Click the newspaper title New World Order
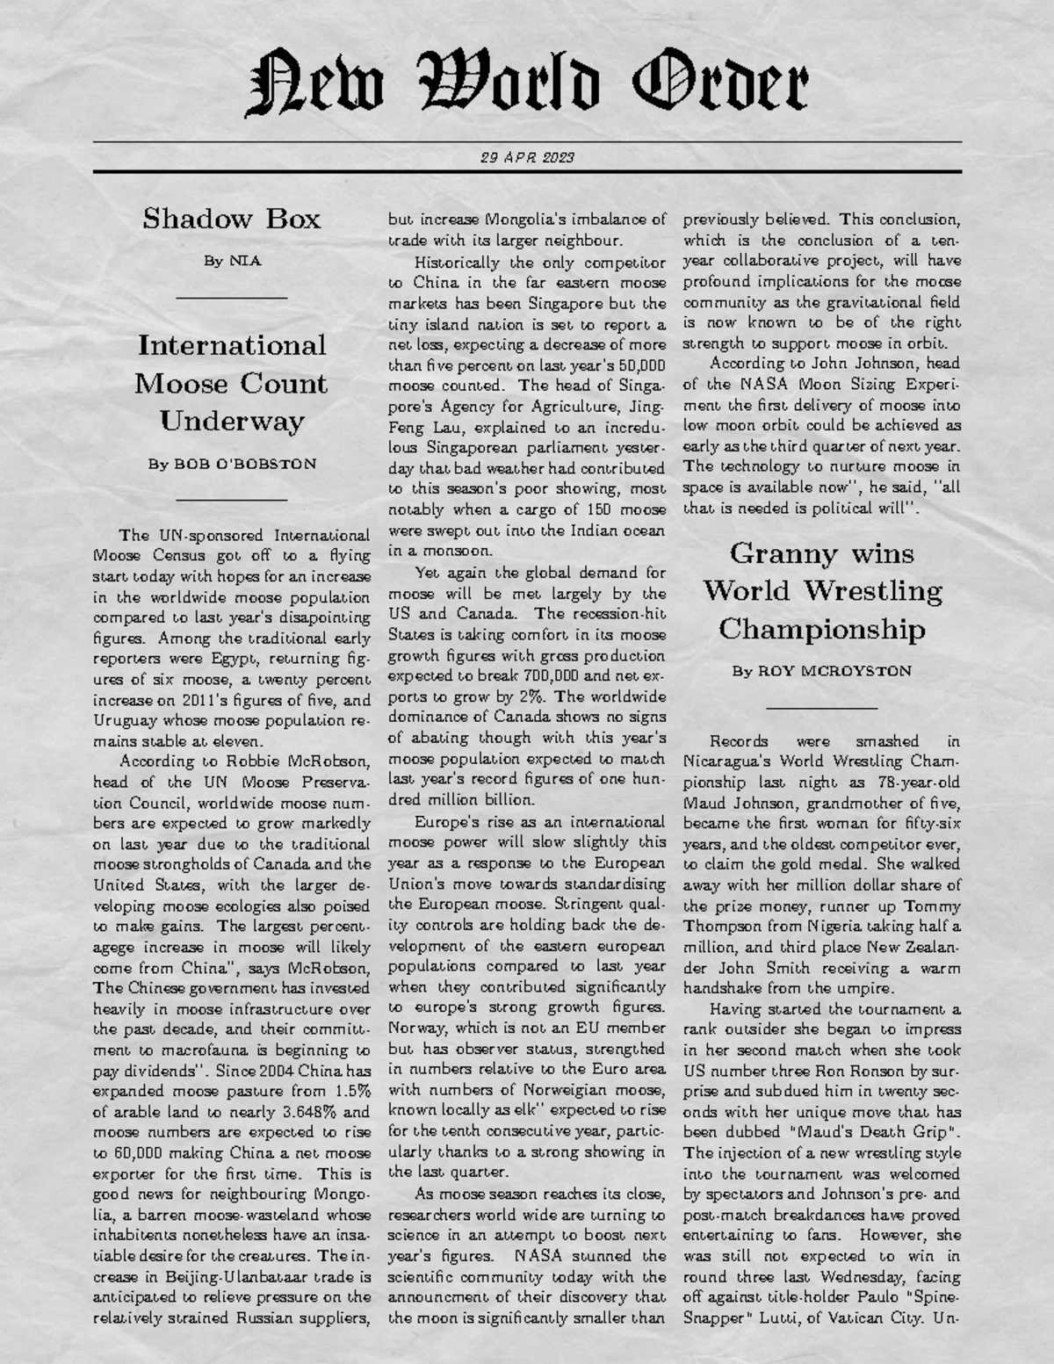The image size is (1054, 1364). pos(527,83)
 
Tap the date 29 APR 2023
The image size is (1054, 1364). pos(527,158)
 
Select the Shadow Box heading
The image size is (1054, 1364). pos(232,218)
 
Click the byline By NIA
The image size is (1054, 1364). pos(232,261)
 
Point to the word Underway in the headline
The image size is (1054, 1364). pos(232,421)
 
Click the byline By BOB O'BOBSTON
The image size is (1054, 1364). pos(232,464)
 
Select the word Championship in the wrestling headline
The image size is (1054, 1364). pos(822,629)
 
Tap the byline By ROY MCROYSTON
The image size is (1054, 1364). pos(822,671)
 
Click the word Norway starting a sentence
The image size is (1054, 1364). pos(415,1028)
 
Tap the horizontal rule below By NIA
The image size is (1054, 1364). pos(232,299)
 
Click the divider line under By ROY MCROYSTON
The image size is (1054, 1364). pos(822,707)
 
